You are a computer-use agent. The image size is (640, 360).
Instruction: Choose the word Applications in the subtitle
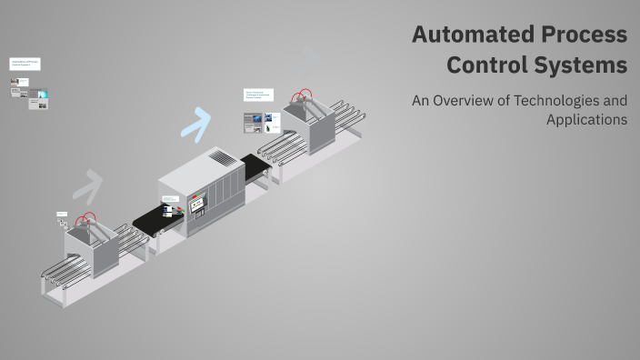tap(586, 119)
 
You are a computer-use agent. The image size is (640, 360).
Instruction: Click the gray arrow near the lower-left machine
tap(87, 185)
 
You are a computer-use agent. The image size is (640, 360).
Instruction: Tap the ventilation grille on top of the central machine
tap(222, 158)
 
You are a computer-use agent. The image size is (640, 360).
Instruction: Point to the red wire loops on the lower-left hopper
tap(86, 220)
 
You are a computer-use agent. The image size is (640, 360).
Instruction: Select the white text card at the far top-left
tap(25, 65)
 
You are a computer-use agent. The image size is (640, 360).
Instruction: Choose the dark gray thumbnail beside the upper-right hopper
tap(253, 121)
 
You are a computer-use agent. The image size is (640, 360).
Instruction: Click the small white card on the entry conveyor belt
tap(167, 211)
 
